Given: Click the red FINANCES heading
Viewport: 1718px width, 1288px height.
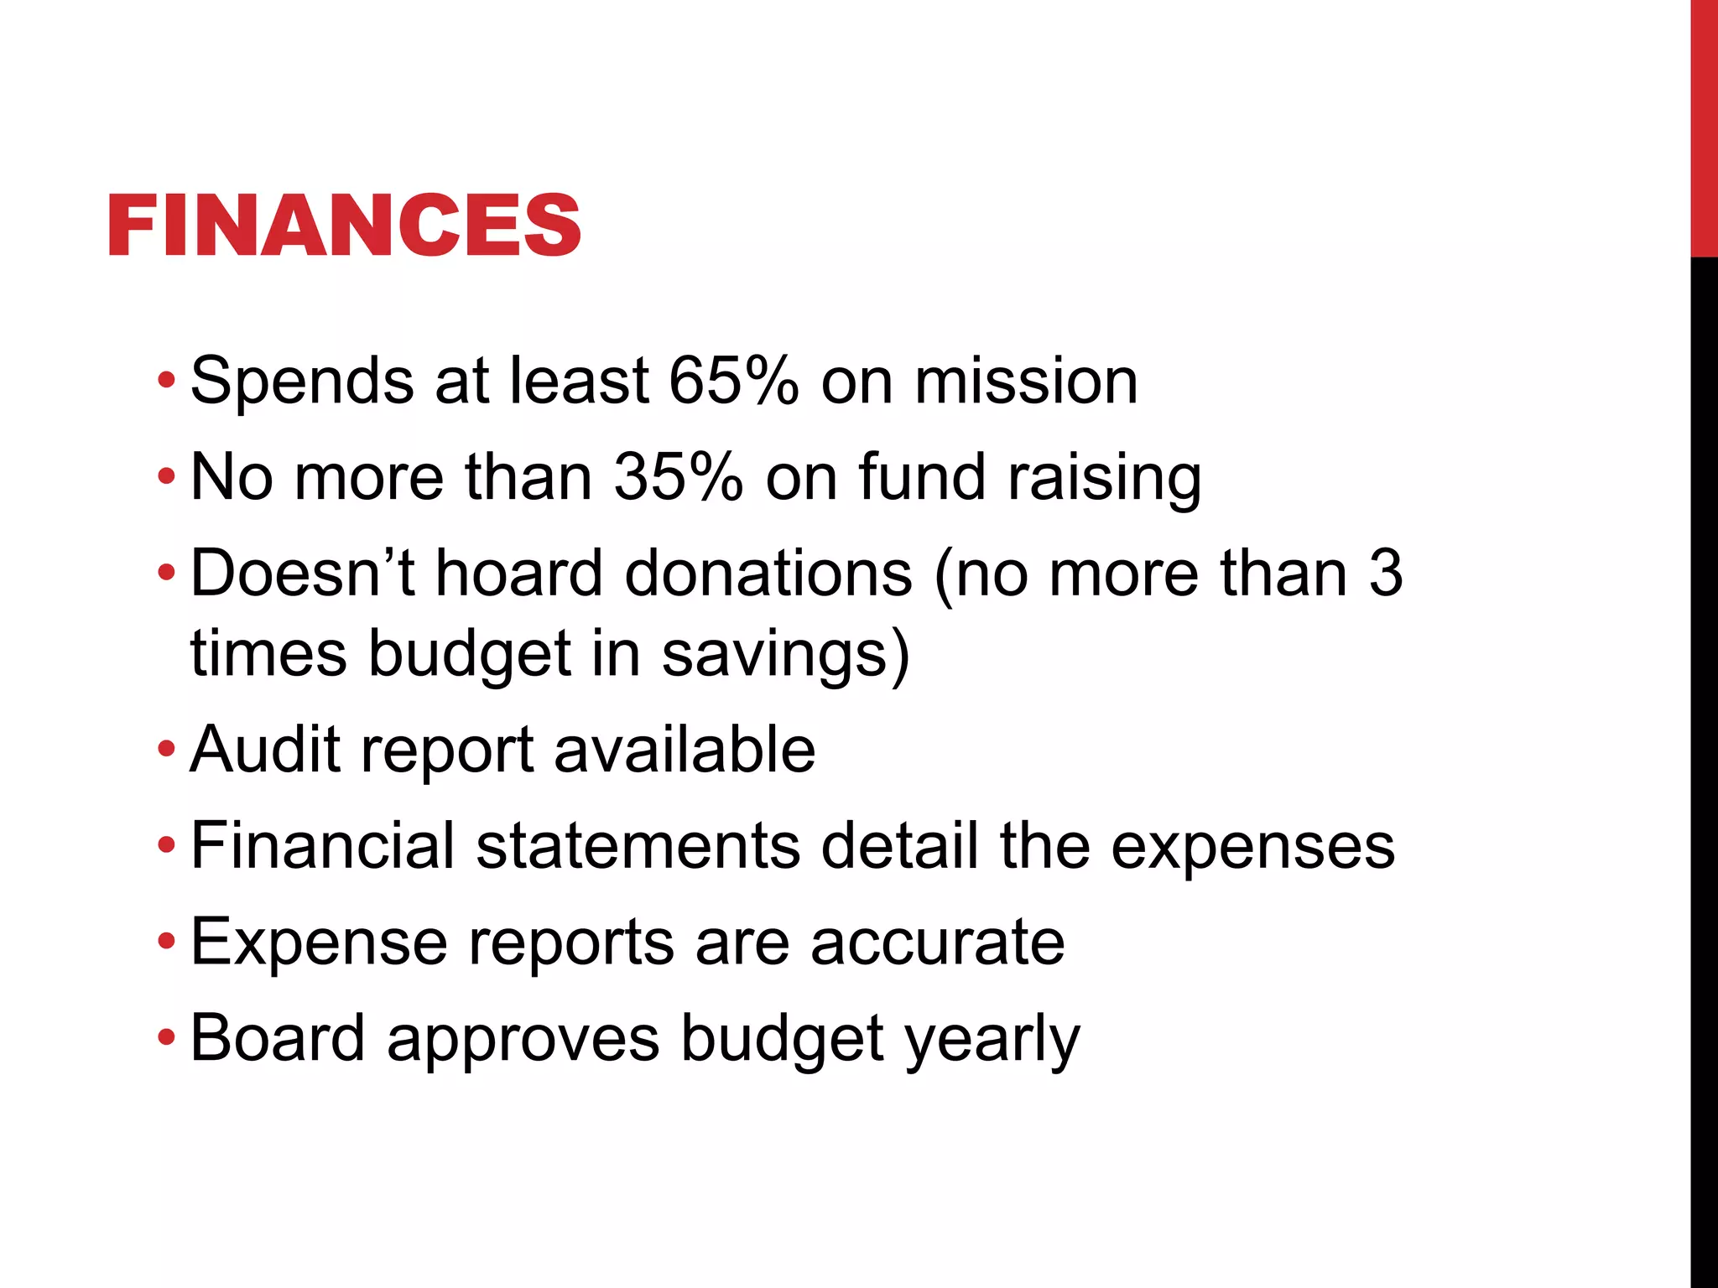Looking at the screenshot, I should (344, 225).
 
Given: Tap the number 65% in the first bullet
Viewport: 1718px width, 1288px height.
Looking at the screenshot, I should (733, 382).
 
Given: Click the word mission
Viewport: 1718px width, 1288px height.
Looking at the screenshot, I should (1025, 382).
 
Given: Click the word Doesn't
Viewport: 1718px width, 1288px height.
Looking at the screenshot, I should (302, 574).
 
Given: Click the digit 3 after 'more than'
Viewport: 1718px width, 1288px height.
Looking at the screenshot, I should (1385, 574).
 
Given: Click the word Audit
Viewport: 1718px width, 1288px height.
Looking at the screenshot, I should (264, 749).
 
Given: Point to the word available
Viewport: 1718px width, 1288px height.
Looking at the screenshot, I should (685, 749).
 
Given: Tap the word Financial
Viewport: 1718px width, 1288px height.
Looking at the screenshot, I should (323, 845).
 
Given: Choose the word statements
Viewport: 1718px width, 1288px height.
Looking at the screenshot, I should (638, 845).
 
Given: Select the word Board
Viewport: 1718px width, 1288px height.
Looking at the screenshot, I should (278, 1038).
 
